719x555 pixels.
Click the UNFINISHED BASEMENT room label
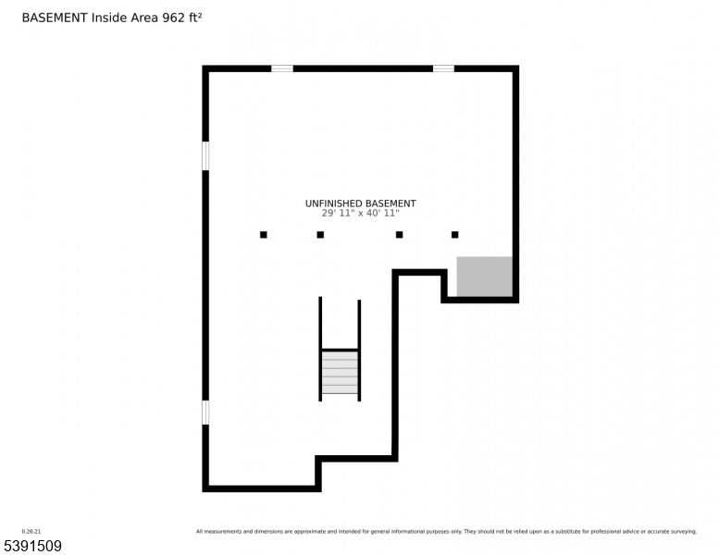coord(360,203)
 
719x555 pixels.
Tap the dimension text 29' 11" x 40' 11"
coord(360,213)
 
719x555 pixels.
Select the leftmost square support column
coord(264,235)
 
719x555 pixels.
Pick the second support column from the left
coord(320,235)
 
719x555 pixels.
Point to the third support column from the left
coord(399,235)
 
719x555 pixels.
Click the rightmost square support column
coord(454,235)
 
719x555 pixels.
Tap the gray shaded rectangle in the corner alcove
coord(484,277)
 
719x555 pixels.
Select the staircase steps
coord(340,373)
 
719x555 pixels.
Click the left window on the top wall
coord(282,68)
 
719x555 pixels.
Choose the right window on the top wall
coord(443,68)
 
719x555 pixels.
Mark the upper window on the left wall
coord(205,155)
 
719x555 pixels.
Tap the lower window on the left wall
coord(205,412)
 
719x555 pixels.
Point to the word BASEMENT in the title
coord(54,18)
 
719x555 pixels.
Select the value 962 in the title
coord(174,18)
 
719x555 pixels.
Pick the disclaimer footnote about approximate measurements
coord(446,531)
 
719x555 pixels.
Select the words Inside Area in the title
coord(124,18)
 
